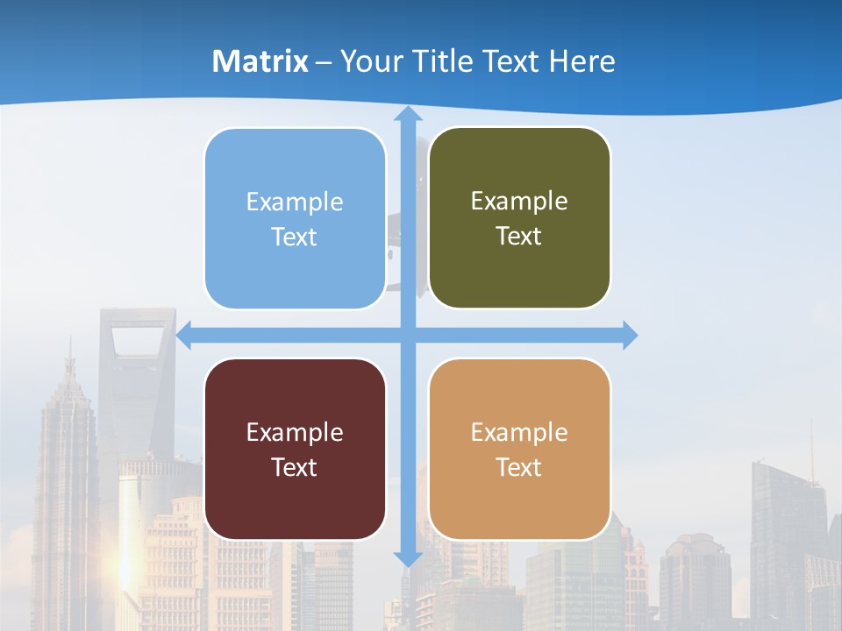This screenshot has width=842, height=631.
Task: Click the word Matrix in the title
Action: coord(260,61)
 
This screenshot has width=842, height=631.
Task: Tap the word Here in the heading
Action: coord(582,61)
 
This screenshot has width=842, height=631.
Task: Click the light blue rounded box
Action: coord(295,218)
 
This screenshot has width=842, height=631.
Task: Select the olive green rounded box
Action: coord(519,218)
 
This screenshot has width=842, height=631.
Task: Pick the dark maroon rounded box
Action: coord(295,449)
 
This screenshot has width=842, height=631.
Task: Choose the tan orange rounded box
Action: coord(519,449)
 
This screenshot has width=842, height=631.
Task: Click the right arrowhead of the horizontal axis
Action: coord(630,336)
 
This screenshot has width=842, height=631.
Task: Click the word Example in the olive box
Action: coord(519,202)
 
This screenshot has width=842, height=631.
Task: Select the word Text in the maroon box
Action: coord(295,467)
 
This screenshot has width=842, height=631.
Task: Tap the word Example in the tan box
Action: coord(519,432)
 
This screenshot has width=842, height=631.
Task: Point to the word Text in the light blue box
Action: coord(295,237)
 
